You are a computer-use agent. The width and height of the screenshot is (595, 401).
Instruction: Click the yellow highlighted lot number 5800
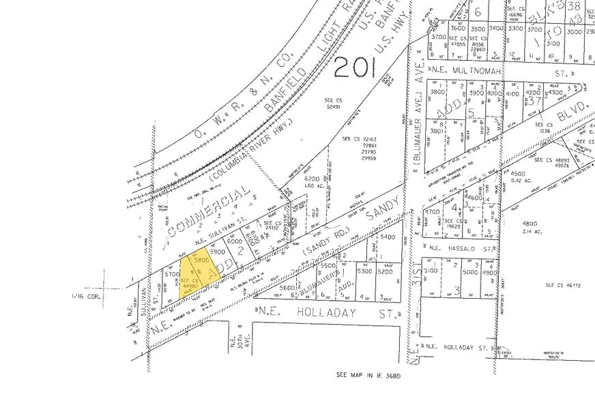[x=201, y=261]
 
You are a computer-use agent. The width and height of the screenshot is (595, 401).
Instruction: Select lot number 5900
[x=218, y=252]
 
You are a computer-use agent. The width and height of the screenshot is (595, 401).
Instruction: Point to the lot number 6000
[x=235, y=241]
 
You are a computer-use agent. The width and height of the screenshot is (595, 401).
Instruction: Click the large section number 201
[x=360, y=67]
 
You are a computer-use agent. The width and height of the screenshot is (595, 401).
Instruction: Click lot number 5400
[x=387, y=237]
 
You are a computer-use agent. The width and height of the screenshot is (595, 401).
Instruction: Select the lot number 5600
[x=286, y=287]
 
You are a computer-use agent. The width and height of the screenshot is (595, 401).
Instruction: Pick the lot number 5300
[x=364, y=271]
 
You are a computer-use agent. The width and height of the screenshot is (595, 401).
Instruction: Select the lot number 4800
[x=529, y=224]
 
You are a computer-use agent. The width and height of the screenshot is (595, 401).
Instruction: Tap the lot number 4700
[x=433, y=212]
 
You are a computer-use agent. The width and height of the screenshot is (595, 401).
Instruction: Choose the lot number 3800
[x=437, y=91]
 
